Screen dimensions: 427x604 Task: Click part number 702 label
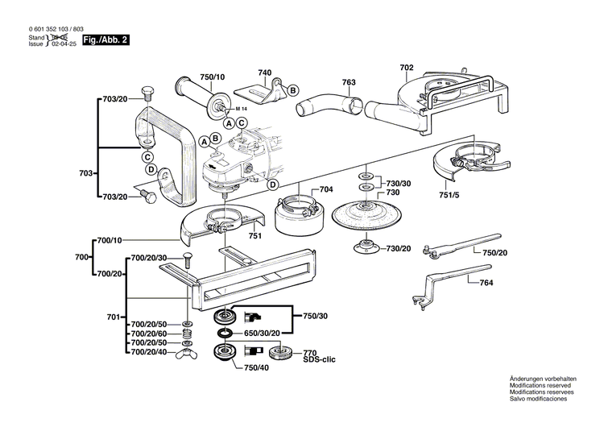pyautogui.click(x=407, y=68)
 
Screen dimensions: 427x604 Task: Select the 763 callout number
pyautogui.click(x=349, y=81)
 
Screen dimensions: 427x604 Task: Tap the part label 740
pyautogui.click(x=264, y=73)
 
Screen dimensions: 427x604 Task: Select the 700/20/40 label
pyautogui.click(x=149, y=352)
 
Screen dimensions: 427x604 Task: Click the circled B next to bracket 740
pyautogui.click(x=293, y=89)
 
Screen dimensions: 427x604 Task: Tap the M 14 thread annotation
pyautogui.click(x=242, y=110)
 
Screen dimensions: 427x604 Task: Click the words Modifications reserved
pyautogui.click(x=543, y=386)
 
